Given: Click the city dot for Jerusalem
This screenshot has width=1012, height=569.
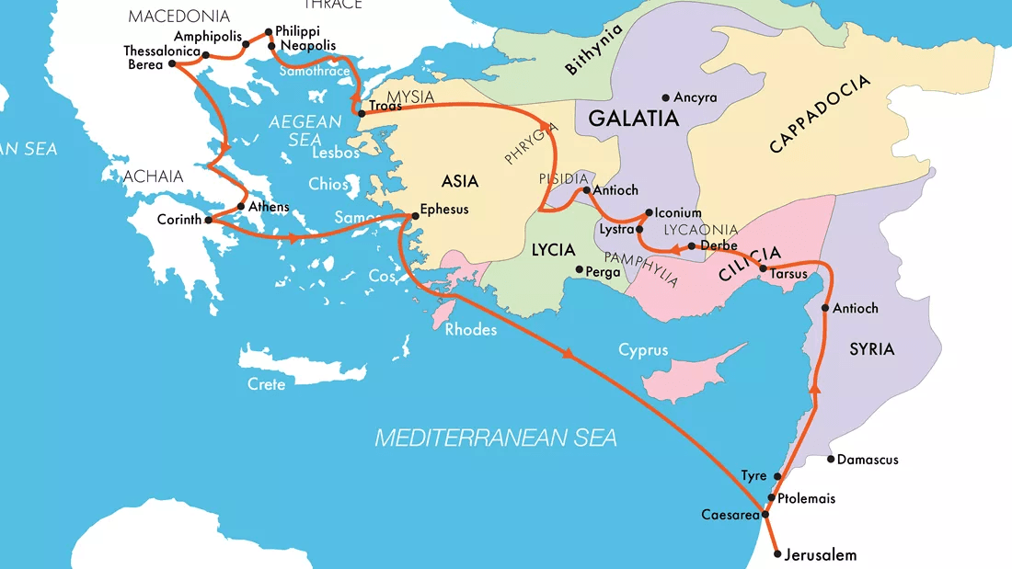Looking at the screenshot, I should pyautogui.click(x=778, y=554).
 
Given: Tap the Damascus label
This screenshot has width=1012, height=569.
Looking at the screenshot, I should pyautogui.click(x=868, y=460).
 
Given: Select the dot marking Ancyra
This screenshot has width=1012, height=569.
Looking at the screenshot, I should pyautogui.click(x=665, y=97).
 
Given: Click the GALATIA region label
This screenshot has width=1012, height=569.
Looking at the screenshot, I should pyautogui.click(x=633, y=119).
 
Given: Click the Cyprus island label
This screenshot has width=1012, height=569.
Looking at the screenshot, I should pyautogui.click(x=643, y=350).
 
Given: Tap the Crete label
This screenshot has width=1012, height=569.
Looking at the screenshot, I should pyautogui.click(x=267, y=384).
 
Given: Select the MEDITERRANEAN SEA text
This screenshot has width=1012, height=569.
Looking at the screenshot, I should pyautogui.click(x=495, y=438).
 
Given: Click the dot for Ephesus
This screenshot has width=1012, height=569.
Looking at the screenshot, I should pyautogui.click(x=415, y=216).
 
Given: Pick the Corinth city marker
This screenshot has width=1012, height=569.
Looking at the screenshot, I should pyautogui.click(x=209, y=220).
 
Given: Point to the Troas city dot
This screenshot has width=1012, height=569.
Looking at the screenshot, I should pyautogui.click(x=362, y=113).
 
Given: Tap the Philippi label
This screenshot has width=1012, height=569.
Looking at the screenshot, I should pyautogui.click(x=298, y=30).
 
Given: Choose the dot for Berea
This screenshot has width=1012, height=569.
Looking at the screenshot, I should pyautogui.click(x=172, y=64).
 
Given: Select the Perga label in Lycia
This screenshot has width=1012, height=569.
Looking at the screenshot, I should pyautogui.click(x=604, y=271).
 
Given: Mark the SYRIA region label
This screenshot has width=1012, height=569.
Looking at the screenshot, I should pyautogui.click(x=871, y=349).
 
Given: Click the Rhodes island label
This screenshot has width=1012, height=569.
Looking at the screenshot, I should pyautogui.click(x=471, y=330).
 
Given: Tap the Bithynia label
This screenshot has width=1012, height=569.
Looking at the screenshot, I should pyautogui.click(x=593, y=49).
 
